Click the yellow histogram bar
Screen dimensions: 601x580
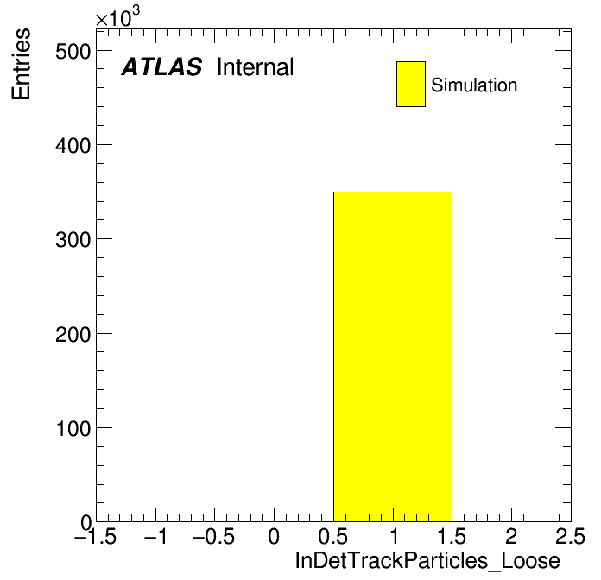tap(393, 356)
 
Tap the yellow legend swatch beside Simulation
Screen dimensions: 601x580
tap(411, 84)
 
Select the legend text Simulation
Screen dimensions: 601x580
tap(474, 85)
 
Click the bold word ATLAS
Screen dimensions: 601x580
tap(161, 66)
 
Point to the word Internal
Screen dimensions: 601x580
tap(256, 66)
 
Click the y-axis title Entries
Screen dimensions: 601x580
tap(21, 64)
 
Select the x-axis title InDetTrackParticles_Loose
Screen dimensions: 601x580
tap(427, 561)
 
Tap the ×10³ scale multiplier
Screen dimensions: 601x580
tap(117, 16)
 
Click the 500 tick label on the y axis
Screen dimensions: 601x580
tap(73, 51)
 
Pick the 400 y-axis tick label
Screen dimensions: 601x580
tap(73, 146)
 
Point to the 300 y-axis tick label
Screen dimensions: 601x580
tap(73, 240)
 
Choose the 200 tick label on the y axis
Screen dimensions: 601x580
tap(73, 334)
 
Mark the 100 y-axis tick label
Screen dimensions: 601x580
tap(73, 428)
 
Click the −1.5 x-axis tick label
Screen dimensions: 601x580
tap(95, 536)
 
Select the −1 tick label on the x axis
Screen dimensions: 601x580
tap(155, 536)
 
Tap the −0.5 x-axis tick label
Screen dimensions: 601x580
tap(213, 536)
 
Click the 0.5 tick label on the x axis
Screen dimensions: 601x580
tap(333, 536)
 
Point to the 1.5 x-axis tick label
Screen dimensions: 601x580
tap(452, 536)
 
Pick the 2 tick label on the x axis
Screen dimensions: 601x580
tap(511, 536)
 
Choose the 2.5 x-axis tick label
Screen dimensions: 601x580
tap(571, 536)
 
